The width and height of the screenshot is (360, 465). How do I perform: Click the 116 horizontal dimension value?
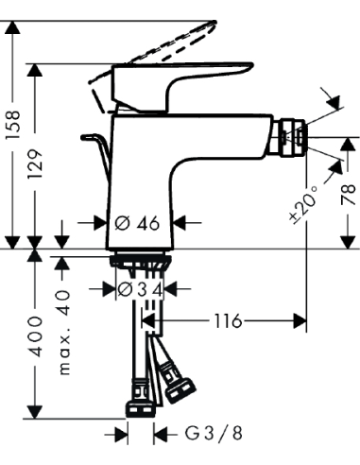(x=227, y=321)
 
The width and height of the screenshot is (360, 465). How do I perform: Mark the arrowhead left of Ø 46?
(x=105, y=224)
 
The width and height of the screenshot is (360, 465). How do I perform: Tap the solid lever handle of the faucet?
(x=189, y=80)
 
